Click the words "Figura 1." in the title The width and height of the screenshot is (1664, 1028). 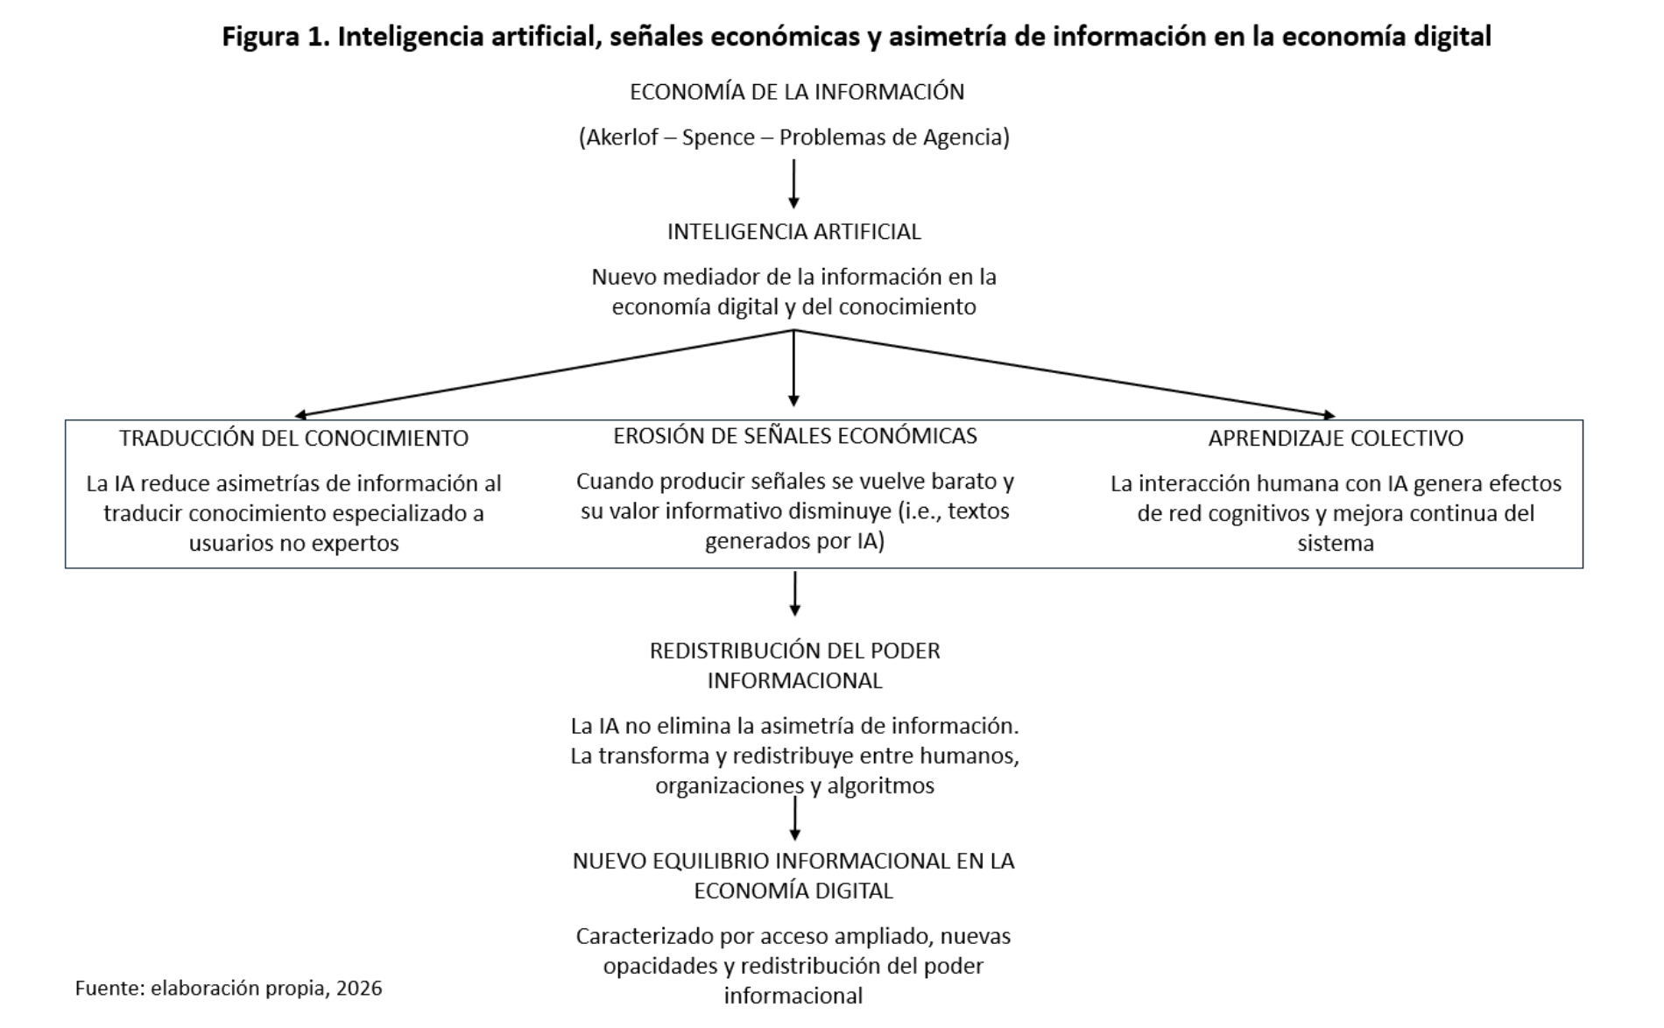pyautogui.click(x=275, y=37)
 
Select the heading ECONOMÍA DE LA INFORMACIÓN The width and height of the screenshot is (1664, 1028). pyautogui.click(x=797, y=92)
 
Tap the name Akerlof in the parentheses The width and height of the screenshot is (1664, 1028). pyautogui.click(x=622, y=137)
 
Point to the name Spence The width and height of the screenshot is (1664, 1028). pyautogui.click(x=718, y=137)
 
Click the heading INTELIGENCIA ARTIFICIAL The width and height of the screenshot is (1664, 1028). pyautogui.click(x=794, y=232)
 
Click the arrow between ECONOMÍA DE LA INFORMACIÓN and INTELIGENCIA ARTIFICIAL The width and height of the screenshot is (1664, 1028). pyautogui.click(x=794, y=184)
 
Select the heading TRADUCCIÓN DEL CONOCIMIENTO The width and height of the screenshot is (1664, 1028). pyautogui.click(x=294, y=438)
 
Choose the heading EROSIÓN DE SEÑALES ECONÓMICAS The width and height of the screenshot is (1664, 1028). pyautogui.click(x=795, y=436)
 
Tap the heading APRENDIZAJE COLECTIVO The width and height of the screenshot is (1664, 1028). pyautogui.click(x=1336, y=438)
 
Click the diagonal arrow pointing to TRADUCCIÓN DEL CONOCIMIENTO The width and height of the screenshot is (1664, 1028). pyautogui.click(x=543, y=372)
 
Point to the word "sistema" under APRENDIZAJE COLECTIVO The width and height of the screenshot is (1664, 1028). pyautogui.click(x=1336, y=544)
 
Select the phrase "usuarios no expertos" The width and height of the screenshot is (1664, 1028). pyautogui.click(x=294, y=544)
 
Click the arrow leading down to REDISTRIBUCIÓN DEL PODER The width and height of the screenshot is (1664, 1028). pyautogui.click(x=795, y=594)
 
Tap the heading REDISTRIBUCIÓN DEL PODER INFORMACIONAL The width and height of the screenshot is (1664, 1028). pyautogui.click(x=795, y=665)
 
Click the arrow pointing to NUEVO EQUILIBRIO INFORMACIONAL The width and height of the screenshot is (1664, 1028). pyautogui.click(x=795, y=819)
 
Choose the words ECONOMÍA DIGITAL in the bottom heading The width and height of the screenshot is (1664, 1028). pyautogui.click(x=793, y=891)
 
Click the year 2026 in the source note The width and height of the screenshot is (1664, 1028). pyautogui.click(x=359, y=989)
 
